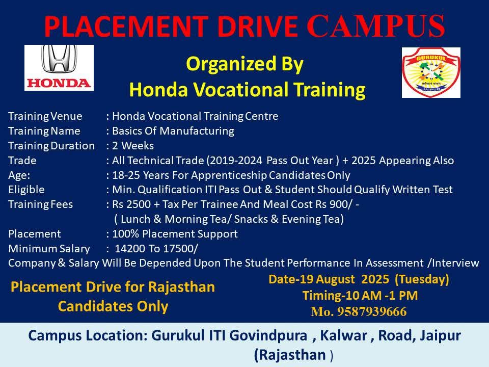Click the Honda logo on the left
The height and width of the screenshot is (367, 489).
coord(59,68)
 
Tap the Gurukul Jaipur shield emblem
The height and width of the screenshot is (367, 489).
coord(431,72)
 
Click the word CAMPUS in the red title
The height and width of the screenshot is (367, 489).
coord(376,26)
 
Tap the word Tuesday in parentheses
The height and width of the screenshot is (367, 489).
coord(422,279)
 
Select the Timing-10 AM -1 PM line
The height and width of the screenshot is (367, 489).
coord(360,295)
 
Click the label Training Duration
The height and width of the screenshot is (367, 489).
coord(51,146)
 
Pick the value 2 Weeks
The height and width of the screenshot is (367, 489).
coord(133,146)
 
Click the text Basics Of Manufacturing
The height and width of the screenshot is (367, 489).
coord(173,131)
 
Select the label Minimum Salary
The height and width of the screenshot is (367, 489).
coord(49,249)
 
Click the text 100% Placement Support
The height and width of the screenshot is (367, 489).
coord(175,234)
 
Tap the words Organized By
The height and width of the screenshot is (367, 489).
coord(245,64)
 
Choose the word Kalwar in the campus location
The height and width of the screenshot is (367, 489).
coord(343,335)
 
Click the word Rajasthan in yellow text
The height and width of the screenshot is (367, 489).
coord(182,287)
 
